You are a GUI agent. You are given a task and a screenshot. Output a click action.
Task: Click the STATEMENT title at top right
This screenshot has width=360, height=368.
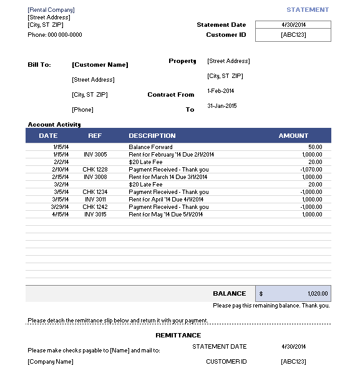[307, 10]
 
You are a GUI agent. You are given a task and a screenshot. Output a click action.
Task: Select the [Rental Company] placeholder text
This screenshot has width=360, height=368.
[51, 10]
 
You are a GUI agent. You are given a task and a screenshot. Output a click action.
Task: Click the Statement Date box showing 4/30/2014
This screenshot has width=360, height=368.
[293, 25]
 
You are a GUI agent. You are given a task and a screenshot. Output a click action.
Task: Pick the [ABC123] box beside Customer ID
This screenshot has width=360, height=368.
[293, 36]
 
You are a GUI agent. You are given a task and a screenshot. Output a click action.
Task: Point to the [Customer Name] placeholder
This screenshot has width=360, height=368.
[100, 65]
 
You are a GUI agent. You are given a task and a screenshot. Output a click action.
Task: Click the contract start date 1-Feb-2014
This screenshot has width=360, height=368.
[221, 90]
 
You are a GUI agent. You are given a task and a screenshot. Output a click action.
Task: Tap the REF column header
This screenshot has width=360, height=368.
[95, 135]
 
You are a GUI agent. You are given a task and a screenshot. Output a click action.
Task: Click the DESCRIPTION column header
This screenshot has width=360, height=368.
[152, 135]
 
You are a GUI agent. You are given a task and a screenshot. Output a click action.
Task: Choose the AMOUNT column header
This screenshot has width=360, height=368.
[293, 135]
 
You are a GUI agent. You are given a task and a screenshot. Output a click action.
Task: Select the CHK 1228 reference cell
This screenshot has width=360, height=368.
[95, 170]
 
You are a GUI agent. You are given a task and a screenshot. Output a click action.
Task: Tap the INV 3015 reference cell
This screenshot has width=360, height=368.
[95, 215]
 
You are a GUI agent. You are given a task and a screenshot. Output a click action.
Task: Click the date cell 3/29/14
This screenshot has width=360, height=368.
[60, 207]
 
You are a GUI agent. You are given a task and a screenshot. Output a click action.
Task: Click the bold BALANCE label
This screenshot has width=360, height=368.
[229, 294]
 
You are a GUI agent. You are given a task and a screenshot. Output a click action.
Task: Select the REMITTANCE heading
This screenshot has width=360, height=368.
[178, 336]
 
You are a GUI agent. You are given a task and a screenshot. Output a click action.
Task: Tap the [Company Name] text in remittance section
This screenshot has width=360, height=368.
[51, 362]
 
